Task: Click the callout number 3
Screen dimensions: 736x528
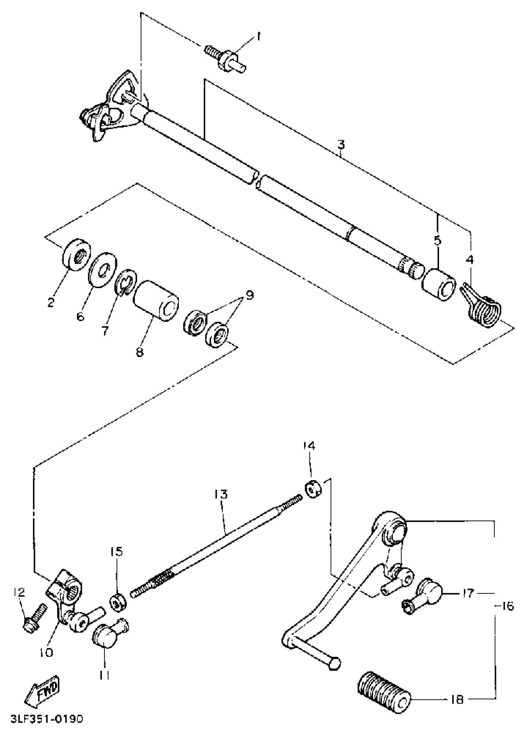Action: tap(340, 145)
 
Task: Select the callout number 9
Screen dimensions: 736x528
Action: tap(249, 295)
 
